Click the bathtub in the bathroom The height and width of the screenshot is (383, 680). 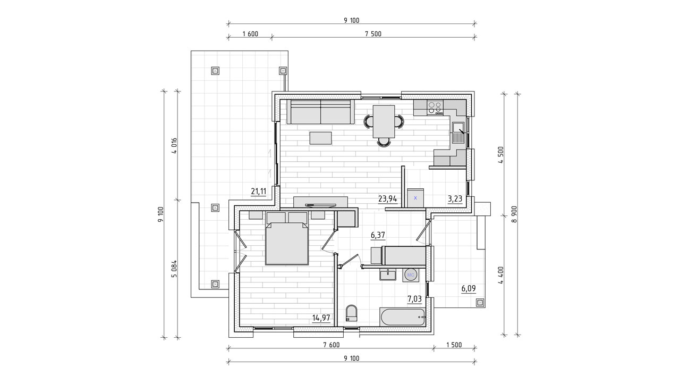403,318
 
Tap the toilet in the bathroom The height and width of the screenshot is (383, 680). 352,313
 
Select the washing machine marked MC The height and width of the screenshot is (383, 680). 411,275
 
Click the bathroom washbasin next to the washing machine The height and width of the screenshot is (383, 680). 388,274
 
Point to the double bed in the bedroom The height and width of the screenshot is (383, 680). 287,244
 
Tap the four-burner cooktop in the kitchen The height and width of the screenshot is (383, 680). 435,107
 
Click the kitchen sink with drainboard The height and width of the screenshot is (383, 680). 458,132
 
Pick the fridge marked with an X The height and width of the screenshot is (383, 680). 415,198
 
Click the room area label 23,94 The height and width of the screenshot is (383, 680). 388,199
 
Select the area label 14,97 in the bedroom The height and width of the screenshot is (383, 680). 321,318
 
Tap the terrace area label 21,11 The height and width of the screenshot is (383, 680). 258,191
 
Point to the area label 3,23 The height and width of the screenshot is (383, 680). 455,199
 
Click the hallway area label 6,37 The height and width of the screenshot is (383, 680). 378,235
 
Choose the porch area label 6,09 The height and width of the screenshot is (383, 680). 469,288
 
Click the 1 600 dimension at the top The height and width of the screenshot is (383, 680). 250,34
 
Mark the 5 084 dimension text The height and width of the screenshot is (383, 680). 174,269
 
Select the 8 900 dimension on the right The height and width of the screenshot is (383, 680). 514,214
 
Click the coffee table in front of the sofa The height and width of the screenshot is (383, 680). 320,138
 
